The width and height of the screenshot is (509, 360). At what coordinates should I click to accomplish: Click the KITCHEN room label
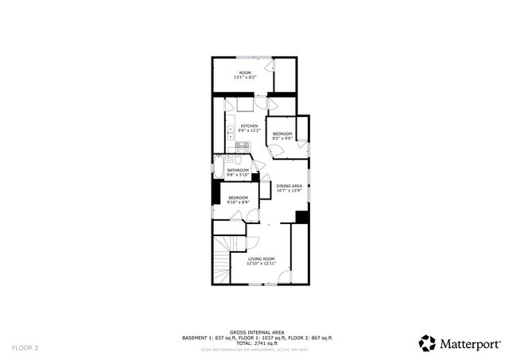(250, 126)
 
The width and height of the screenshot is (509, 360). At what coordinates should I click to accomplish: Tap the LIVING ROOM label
(261, 258)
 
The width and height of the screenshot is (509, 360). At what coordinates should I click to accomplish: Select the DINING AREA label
(289, 186)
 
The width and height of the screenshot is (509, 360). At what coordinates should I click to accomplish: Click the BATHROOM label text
(238, 170)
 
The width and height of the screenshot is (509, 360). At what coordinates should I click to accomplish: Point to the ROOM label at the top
(244, 73)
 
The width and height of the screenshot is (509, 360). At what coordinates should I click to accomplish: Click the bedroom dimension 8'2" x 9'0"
(282, 138)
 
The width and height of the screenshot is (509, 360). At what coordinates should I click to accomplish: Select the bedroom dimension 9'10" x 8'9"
(238, 203)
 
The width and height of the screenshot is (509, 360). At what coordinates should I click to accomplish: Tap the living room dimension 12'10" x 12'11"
(261, 263)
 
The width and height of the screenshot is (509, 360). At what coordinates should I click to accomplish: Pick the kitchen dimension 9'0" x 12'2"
(250, 131)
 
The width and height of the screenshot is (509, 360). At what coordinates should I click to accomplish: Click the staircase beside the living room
(222, 258)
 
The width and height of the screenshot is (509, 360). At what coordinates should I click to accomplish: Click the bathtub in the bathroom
(218, 170)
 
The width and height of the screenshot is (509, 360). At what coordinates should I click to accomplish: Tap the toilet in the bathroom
(237, 159)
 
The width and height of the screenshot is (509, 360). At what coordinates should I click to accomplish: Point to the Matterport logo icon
(427, 343)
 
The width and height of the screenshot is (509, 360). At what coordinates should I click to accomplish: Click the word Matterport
(469, 344)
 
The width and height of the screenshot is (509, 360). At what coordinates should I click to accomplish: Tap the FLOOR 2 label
(25, 347)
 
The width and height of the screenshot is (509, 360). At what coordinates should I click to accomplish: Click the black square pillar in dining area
(301, 216)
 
